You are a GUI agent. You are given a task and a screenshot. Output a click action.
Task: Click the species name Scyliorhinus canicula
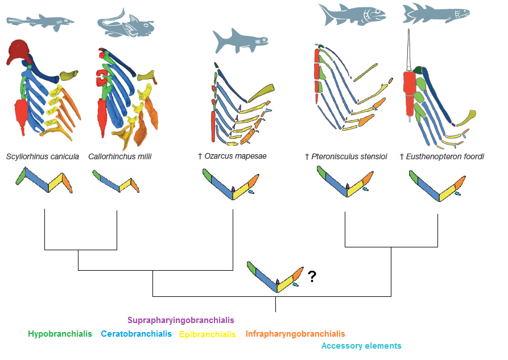pos(42,156)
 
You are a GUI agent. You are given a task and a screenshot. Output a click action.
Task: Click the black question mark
pos(312,277)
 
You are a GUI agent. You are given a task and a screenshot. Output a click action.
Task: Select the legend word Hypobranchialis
pos(60,334)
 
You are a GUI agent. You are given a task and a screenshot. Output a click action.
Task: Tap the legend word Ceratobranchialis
pos(136,334)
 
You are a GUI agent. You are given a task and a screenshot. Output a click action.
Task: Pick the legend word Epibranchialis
pos(207,334)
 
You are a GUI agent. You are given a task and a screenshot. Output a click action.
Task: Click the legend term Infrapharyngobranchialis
pos(295,334)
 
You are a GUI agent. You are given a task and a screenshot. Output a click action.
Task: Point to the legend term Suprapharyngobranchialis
pos(180,320)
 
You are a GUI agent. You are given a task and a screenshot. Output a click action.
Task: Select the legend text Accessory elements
pos(361,346)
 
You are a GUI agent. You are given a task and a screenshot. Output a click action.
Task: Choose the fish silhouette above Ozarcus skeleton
pos(239,41)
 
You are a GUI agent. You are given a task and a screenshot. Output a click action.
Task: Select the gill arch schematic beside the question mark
pos(276,277)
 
